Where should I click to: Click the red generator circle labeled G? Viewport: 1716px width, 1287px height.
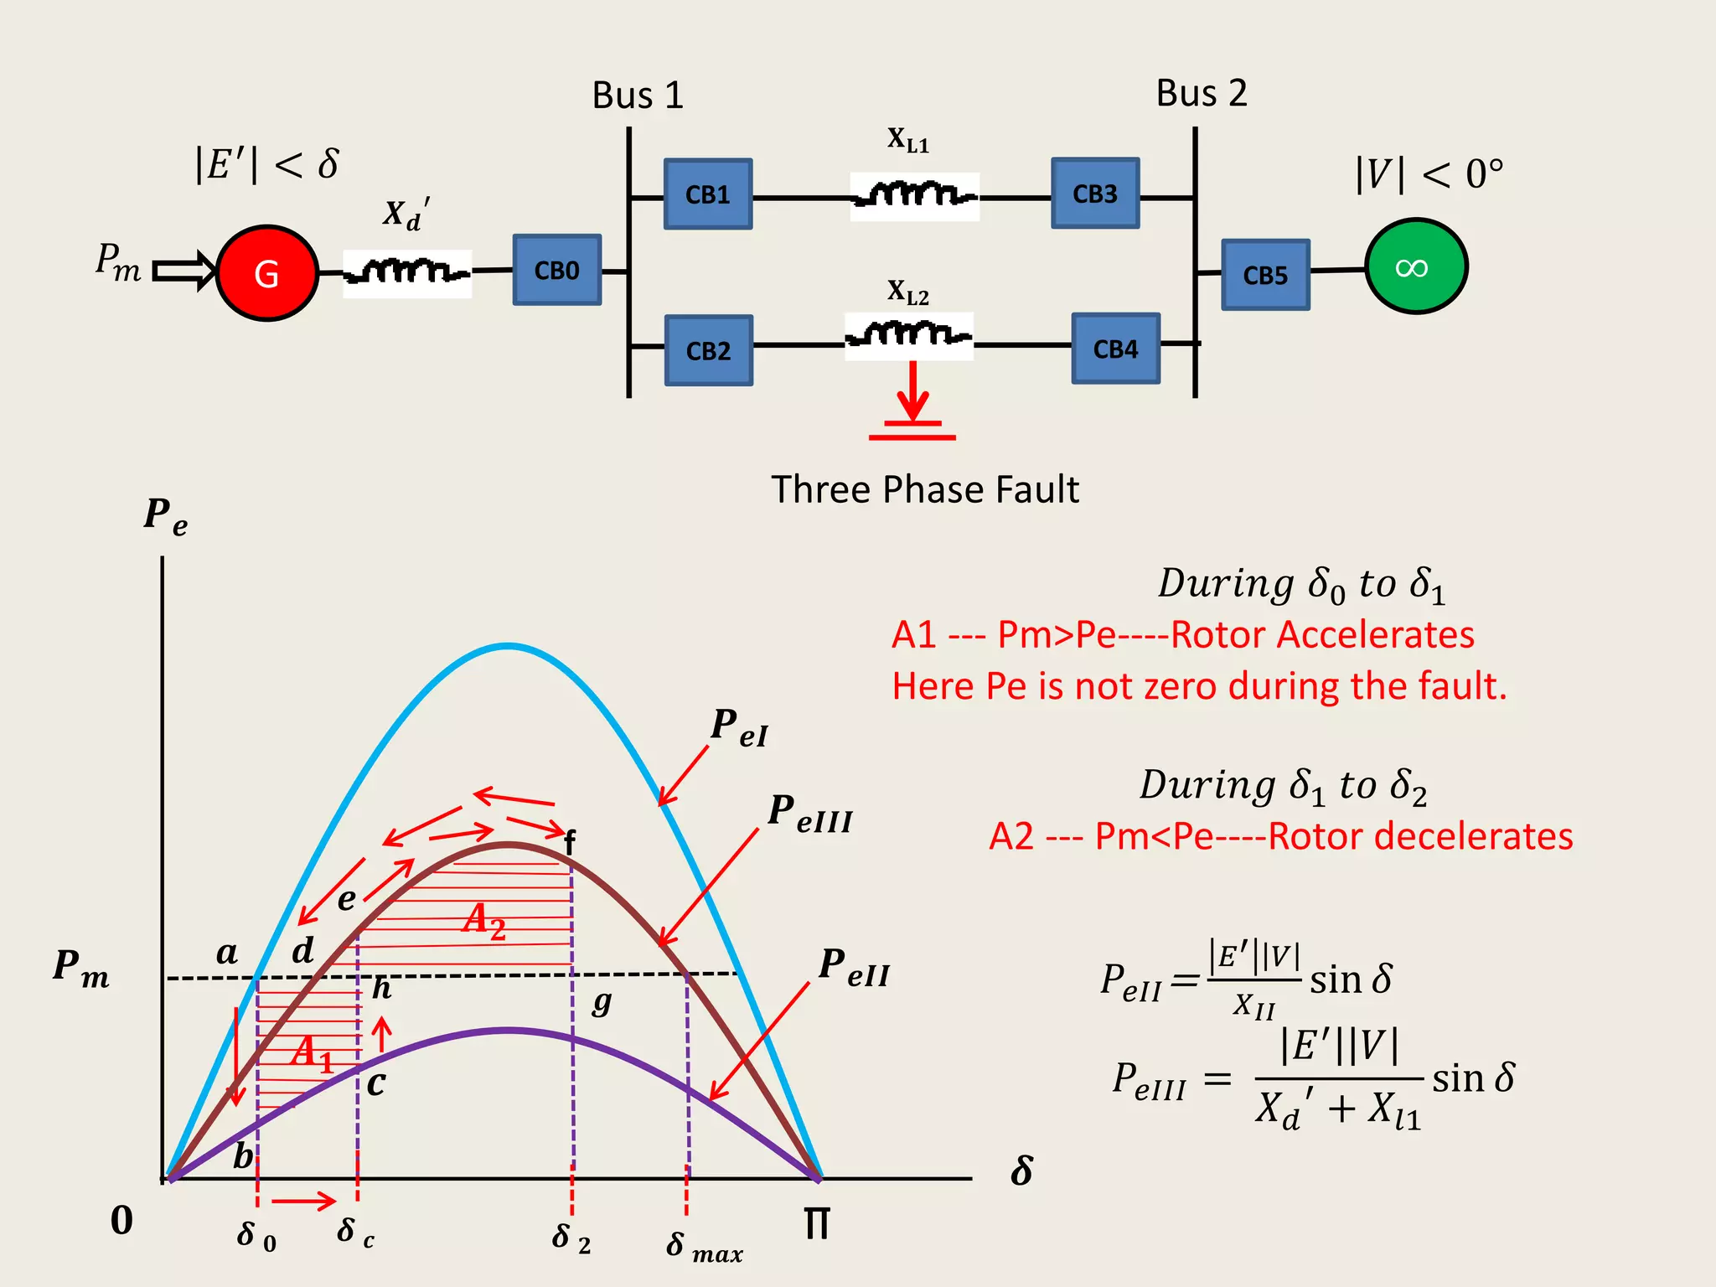pos(266,273)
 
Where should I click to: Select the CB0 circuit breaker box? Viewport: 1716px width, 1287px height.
pos(557,270)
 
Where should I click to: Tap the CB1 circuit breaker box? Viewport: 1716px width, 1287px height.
pos(708,194)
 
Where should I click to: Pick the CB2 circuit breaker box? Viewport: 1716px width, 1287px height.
pos(708,350)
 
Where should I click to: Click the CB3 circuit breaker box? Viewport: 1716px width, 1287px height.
pos(1095,194)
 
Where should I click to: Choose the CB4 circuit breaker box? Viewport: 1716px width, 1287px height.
pos(1115,349)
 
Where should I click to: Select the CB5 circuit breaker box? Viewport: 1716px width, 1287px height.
pos(1265,275)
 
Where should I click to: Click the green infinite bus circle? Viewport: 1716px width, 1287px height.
pos(1415,266)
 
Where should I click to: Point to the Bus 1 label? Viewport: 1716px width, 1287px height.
pos(638,96)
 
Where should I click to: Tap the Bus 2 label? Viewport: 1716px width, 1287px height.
pos(1201,93)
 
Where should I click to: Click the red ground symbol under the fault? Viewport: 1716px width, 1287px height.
pos(912,429)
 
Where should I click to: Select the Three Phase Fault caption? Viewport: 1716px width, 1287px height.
pos(925,489)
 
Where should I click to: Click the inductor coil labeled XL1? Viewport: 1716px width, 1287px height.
pos(914,196)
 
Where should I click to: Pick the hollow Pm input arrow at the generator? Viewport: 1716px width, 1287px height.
pos(184,271)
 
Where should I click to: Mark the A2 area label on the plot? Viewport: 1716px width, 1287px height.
pos(484,921)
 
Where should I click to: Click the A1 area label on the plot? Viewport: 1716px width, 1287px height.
pos(313,1053)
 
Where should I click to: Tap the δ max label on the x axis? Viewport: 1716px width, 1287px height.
pos(704,1247)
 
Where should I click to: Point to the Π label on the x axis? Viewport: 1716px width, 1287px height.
pos(816,1224)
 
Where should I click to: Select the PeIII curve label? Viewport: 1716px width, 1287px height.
pos(810,814)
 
